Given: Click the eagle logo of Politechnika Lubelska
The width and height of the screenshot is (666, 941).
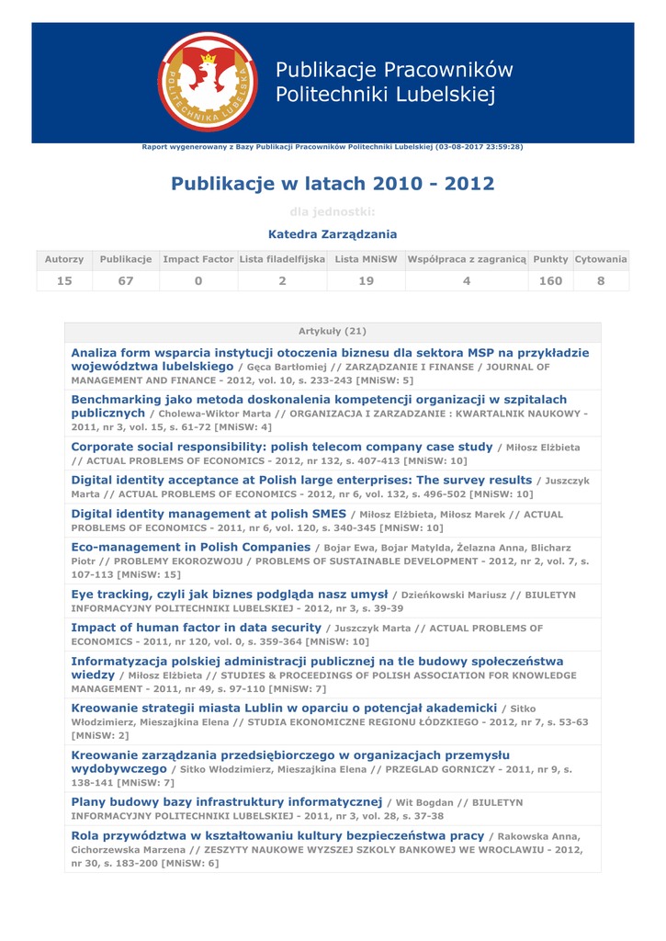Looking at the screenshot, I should pyautogui.click(x=208, y=82).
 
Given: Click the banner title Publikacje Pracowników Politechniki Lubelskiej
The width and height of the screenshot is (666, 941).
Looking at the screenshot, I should pyautogui.click(x=394, y=82).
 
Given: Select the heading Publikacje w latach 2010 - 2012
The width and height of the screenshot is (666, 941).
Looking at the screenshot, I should pyautogui.click(x=333, y=184).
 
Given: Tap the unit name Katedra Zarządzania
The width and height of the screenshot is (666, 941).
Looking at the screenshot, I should pyautogui.click(x=333, y=234).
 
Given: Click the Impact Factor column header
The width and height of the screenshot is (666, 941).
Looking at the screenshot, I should pyautogui.click(x=198, y=260).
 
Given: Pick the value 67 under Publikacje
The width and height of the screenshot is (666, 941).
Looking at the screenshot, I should pyautogui.click(x=126, y=281).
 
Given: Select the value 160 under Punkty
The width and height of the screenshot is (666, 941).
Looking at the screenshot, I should pyautogui.click(x=550, y=281).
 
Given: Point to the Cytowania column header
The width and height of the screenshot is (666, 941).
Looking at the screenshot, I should pyautogui.click(x=601, y=260).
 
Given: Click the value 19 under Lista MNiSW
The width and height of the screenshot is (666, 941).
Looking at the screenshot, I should pyautogui.click(x=366, y=281).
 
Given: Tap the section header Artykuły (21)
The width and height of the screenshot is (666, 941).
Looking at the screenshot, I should pyautogui.click(x=333, y=331).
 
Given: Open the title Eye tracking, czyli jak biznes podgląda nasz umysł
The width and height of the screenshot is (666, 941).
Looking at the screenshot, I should pyautogui.click(x=230, y=594).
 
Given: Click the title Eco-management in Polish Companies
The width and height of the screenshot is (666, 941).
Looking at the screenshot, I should pyautogui.click(x=190, y=547).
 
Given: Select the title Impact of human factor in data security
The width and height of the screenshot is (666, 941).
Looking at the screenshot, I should pyautogui.click(x=196, y=628).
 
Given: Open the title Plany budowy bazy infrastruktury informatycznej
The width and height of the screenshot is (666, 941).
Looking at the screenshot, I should pyautogui.click(x=226, y=802).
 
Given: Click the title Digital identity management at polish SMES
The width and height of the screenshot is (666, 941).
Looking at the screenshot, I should pyautogui.click(x=209, y=514).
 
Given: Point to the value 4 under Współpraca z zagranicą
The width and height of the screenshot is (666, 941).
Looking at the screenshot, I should pyautogui.click(x=467, y=281).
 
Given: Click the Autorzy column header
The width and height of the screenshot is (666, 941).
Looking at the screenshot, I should pyautogui.click(x=64, y=260).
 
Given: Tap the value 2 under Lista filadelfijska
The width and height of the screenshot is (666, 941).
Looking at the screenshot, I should pyautogui.click(x=282, y=281).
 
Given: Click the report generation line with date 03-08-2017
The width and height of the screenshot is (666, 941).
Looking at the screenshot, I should pyautogui.click(x=333, y=147).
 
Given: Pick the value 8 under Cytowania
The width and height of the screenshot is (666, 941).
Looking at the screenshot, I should pyautogui.click(x=601, y=281).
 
